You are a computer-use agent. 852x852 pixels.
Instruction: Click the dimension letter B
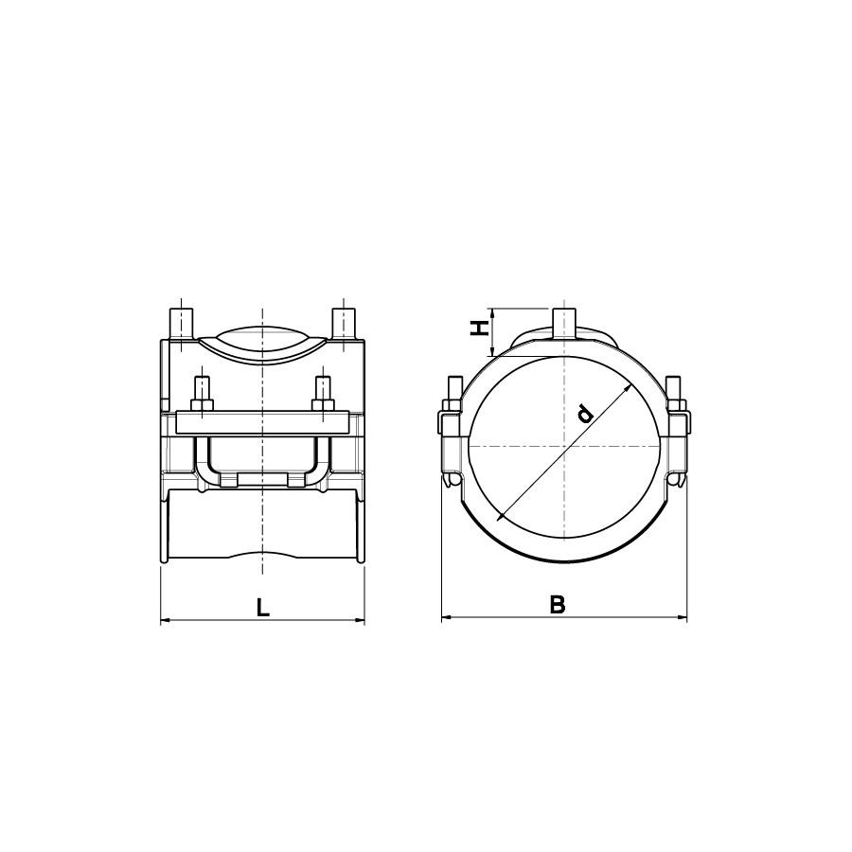click(x=558, y=606)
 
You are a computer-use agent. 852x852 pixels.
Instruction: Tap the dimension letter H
click(x=481, y=328)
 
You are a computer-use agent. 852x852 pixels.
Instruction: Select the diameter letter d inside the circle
click(x=586, y=413)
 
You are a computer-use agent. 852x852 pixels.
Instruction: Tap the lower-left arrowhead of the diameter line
click(x=500, y=517)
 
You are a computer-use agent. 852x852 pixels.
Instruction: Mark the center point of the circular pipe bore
click(x=564, y=445)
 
